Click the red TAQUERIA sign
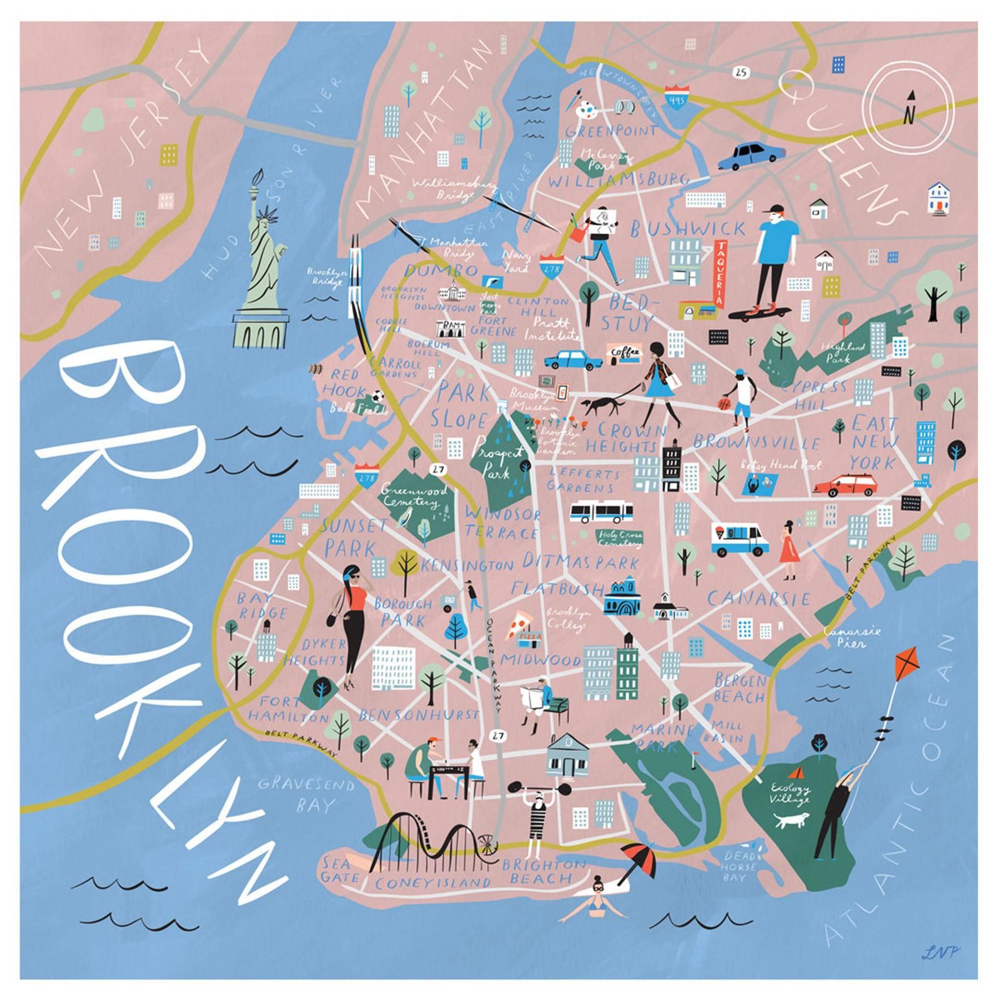(720, 274)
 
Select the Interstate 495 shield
(675, 97)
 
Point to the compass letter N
(909, 116)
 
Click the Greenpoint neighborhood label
(611, 131)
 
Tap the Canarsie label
(759, 598)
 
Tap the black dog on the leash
(601, 406)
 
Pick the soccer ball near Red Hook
(376, 398)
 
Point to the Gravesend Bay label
(307, 794)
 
